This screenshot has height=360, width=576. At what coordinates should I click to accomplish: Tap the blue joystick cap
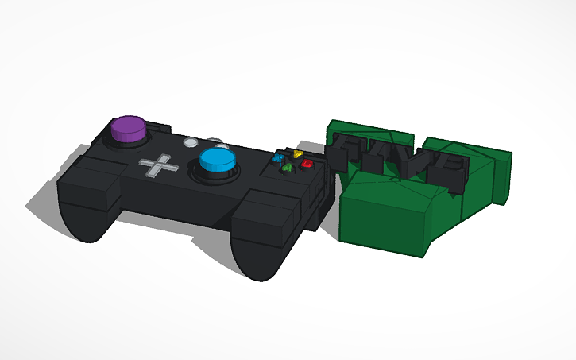tap(217, 162)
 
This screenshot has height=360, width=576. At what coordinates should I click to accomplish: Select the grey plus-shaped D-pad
tap(160, 166)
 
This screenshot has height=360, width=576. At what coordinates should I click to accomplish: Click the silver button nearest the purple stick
tap(191, 145)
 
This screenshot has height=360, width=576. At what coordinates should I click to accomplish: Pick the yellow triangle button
tap(297, 155)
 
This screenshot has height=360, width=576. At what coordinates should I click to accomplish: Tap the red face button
tap(306, 163)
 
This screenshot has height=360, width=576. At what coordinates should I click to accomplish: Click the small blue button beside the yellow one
tap(279, 159)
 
